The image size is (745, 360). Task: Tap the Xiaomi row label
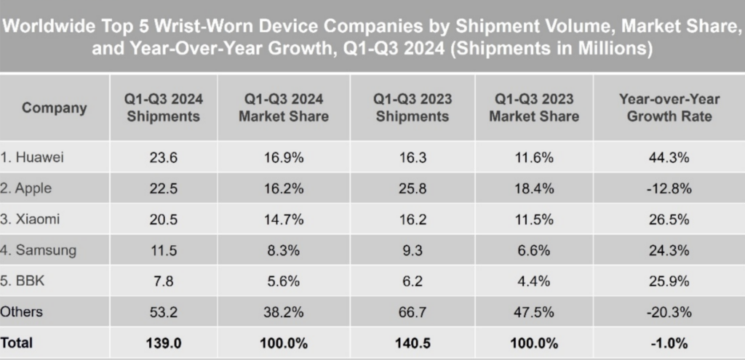point(31,220)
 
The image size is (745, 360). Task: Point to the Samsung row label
point(36,250)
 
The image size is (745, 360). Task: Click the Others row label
point(22,311)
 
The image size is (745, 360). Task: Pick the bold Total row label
point(17,341)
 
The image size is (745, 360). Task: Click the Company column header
point(54,108)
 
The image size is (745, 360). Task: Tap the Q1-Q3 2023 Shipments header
point(411,108)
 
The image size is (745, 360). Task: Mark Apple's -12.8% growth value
point(668,188)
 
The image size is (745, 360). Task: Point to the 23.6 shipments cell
point(163,158)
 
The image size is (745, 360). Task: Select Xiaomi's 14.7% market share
point(283,220)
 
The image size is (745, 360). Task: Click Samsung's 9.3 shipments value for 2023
point(411,250)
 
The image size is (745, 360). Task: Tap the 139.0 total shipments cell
point(163,341)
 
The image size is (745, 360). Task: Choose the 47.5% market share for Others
point(534,311)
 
